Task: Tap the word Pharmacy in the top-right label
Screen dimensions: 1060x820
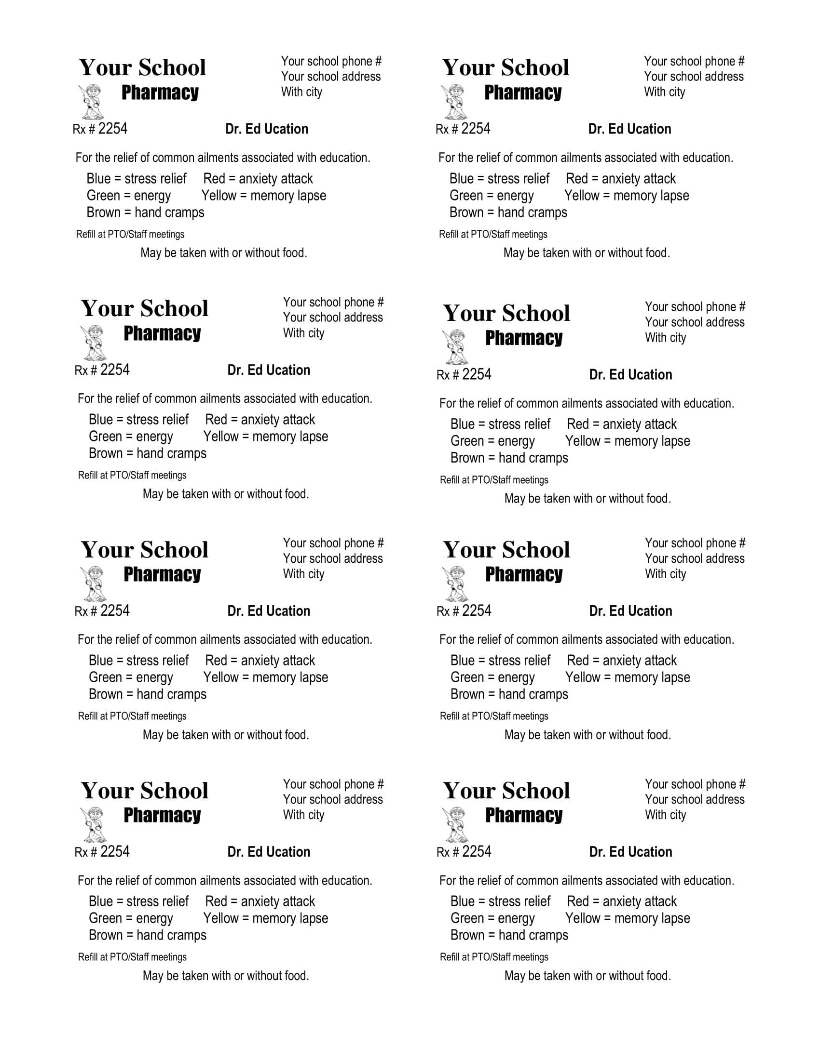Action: tap(523, 92)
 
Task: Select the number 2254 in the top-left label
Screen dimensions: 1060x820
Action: tap(113, 129)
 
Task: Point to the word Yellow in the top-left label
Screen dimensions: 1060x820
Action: tap(219, 196)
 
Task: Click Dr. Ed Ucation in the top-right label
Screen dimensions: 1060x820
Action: tap(629, 129)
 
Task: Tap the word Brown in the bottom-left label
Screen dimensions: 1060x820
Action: tap(106, 935)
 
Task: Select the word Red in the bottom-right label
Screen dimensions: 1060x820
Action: tap(577, 901)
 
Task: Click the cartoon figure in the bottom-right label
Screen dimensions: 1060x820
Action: tap(455, 825)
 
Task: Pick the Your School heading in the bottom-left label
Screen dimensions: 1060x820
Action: tap(145, 791)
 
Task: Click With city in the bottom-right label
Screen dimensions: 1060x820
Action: tap(665, 815)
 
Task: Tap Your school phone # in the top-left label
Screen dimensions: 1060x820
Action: tap(331, 62)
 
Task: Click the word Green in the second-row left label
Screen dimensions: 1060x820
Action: tap(105, 437)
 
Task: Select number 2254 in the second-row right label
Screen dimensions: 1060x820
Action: tap(477, 374)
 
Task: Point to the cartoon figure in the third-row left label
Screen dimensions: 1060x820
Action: tap(93, 584)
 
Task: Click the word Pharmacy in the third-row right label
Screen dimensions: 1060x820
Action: tap(524, 574)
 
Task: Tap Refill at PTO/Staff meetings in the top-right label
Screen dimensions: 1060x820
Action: tap(492, 235)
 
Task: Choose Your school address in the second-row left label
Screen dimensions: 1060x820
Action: tap(333, 318)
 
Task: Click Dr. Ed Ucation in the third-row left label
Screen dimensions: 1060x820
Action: tap(269, 611)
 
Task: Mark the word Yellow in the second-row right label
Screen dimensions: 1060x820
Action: tap(583, 441)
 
